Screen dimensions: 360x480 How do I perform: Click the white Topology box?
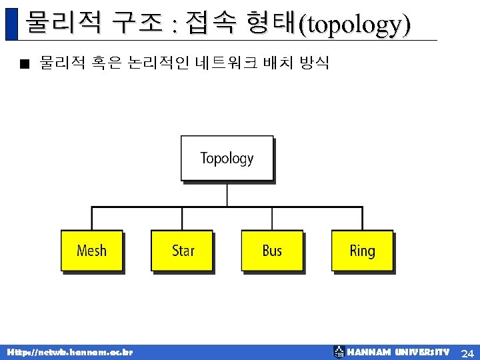[x=227, y=158]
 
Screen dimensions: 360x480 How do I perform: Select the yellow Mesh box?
[x=91, y=251]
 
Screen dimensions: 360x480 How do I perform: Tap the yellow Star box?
[x=182, y=251]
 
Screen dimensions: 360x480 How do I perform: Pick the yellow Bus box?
[x=272, y=251]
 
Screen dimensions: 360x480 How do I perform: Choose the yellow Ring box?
[x=362, y=251]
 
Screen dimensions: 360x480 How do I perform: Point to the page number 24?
[x=467, y=352]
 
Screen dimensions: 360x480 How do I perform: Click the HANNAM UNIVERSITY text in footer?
[x=399, y=352]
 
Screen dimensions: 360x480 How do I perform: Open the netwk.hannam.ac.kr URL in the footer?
[x=69, y=352]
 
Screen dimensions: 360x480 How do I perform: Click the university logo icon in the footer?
[x=339, y=352]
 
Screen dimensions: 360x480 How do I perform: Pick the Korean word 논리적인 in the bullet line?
[x=157, y=63]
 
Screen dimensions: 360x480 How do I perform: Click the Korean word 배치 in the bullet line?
[x=277, y=63]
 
